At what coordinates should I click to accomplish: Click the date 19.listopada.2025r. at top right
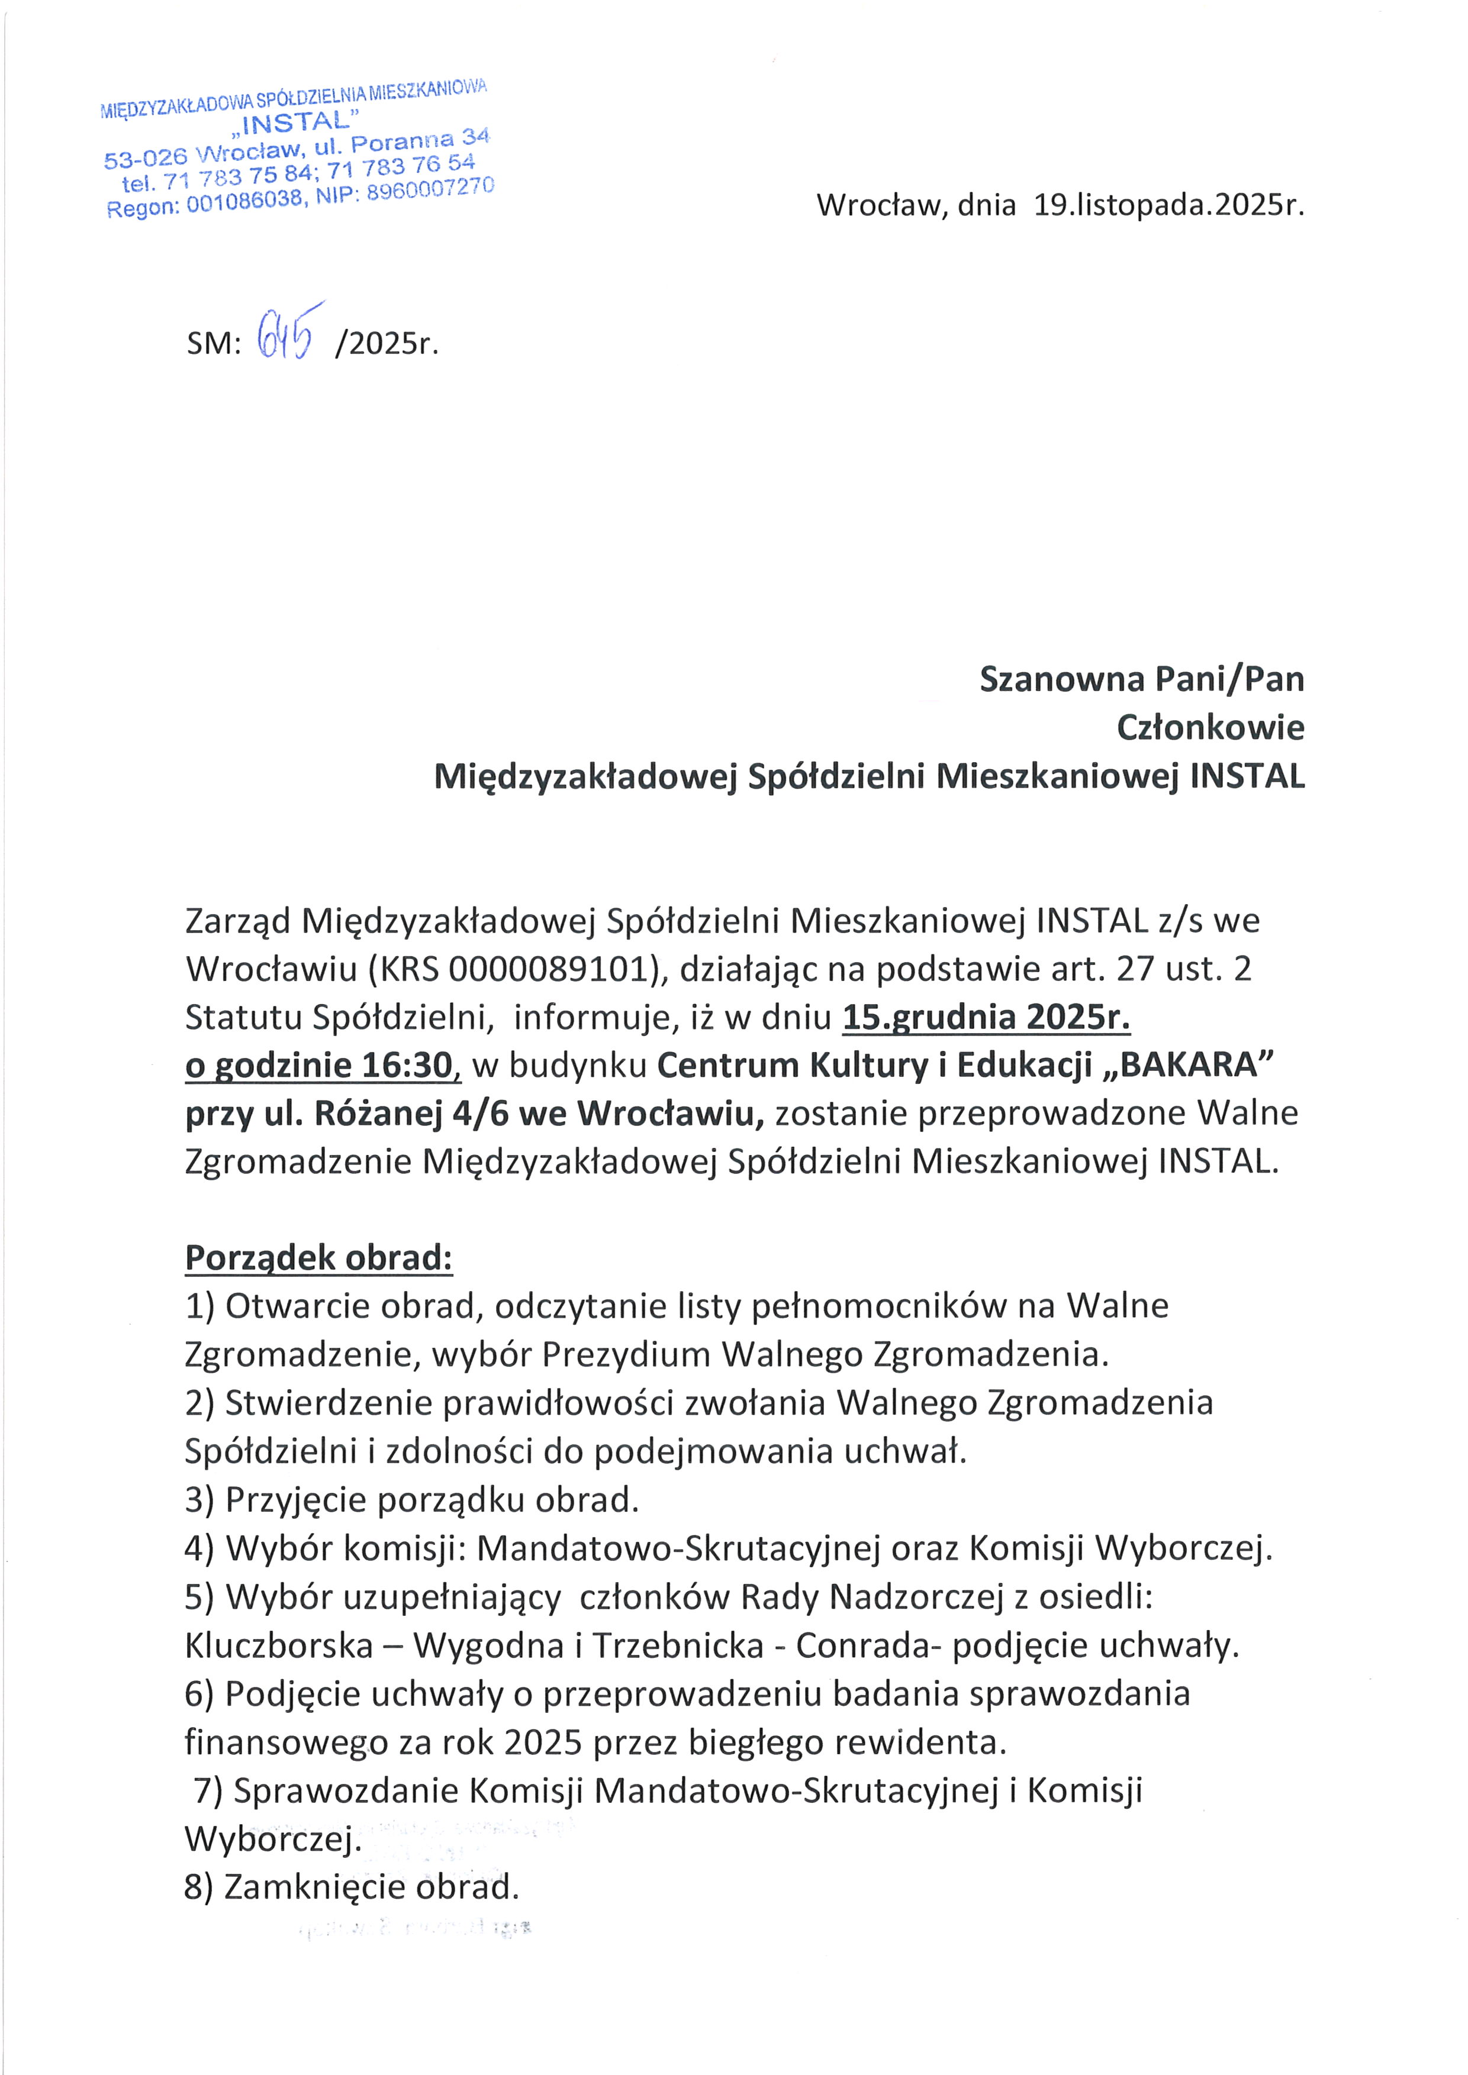1169,205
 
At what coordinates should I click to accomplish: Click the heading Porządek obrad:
318,1258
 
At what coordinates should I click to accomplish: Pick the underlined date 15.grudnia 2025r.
986,1018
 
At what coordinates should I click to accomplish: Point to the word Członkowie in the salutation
1211,728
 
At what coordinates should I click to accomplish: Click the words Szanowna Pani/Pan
1142,679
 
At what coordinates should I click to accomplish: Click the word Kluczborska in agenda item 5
278,1645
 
